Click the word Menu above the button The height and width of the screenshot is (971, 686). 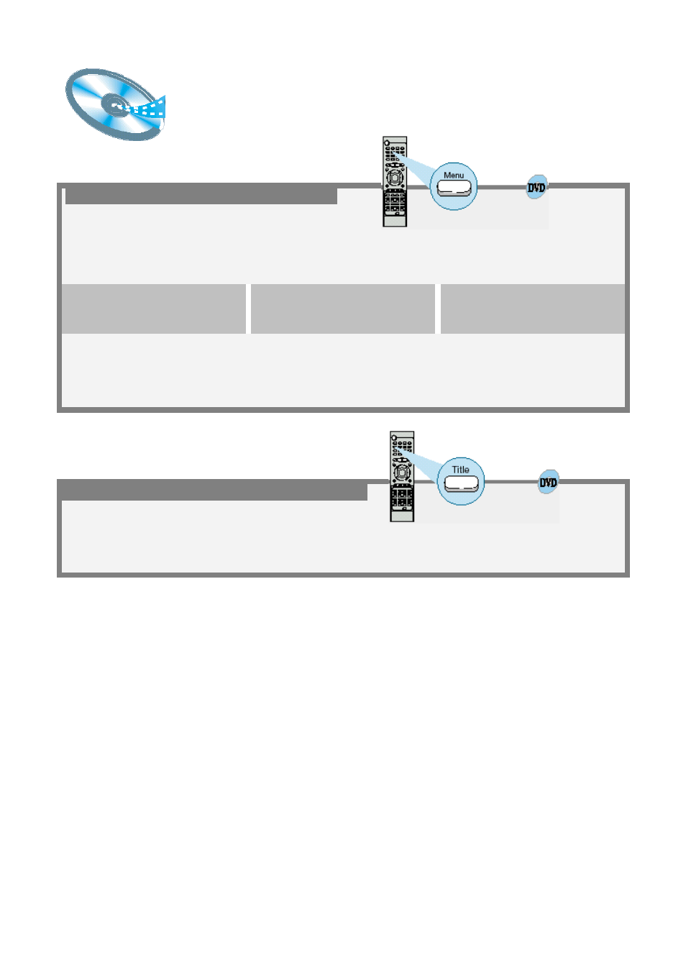453,175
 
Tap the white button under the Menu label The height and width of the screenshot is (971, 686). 453,188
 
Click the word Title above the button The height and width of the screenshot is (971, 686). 460,470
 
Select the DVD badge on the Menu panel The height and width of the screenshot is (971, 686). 536,187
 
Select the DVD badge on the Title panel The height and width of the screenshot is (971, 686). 548,482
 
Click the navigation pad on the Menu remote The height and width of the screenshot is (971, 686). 394,177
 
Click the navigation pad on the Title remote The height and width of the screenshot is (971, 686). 402,472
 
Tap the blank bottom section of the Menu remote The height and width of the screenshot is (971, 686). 395,221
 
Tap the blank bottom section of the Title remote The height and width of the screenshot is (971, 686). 402,516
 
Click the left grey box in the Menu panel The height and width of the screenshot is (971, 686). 153,309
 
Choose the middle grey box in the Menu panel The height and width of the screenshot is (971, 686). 343,309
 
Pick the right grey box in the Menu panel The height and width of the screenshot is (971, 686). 533,309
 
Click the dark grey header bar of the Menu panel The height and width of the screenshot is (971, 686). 201,196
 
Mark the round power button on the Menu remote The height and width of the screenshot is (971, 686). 387,142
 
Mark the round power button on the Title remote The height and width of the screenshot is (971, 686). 394,437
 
